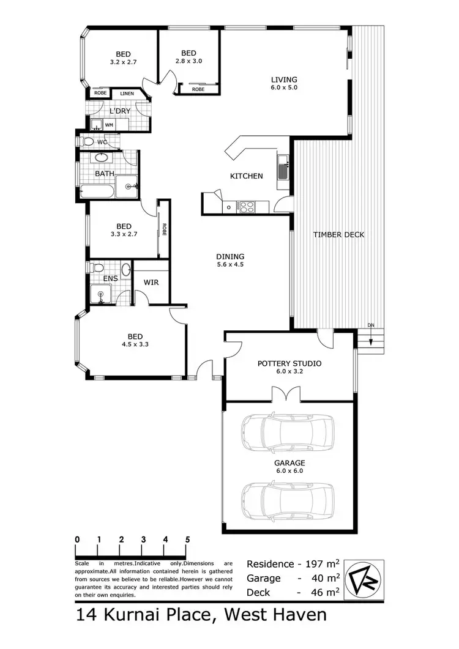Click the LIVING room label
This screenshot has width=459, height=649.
(285, 80)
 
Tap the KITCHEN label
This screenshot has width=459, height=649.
(246, 176)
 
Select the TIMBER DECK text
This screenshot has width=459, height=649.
(338, 235)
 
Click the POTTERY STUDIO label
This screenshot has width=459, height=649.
(289, 363)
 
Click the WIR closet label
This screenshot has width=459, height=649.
(151, 283)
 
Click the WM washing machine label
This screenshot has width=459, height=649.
(109, 125)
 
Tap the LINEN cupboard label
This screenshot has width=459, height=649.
(127, 93)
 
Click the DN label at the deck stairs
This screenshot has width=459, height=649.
(370, 325)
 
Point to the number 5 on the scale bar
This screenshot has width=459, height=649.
(187, 540)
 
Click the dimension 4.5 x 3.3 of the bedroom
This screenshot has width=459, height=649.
(135, 344)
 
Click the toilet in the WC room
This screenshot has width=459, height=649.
(88, 142)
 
